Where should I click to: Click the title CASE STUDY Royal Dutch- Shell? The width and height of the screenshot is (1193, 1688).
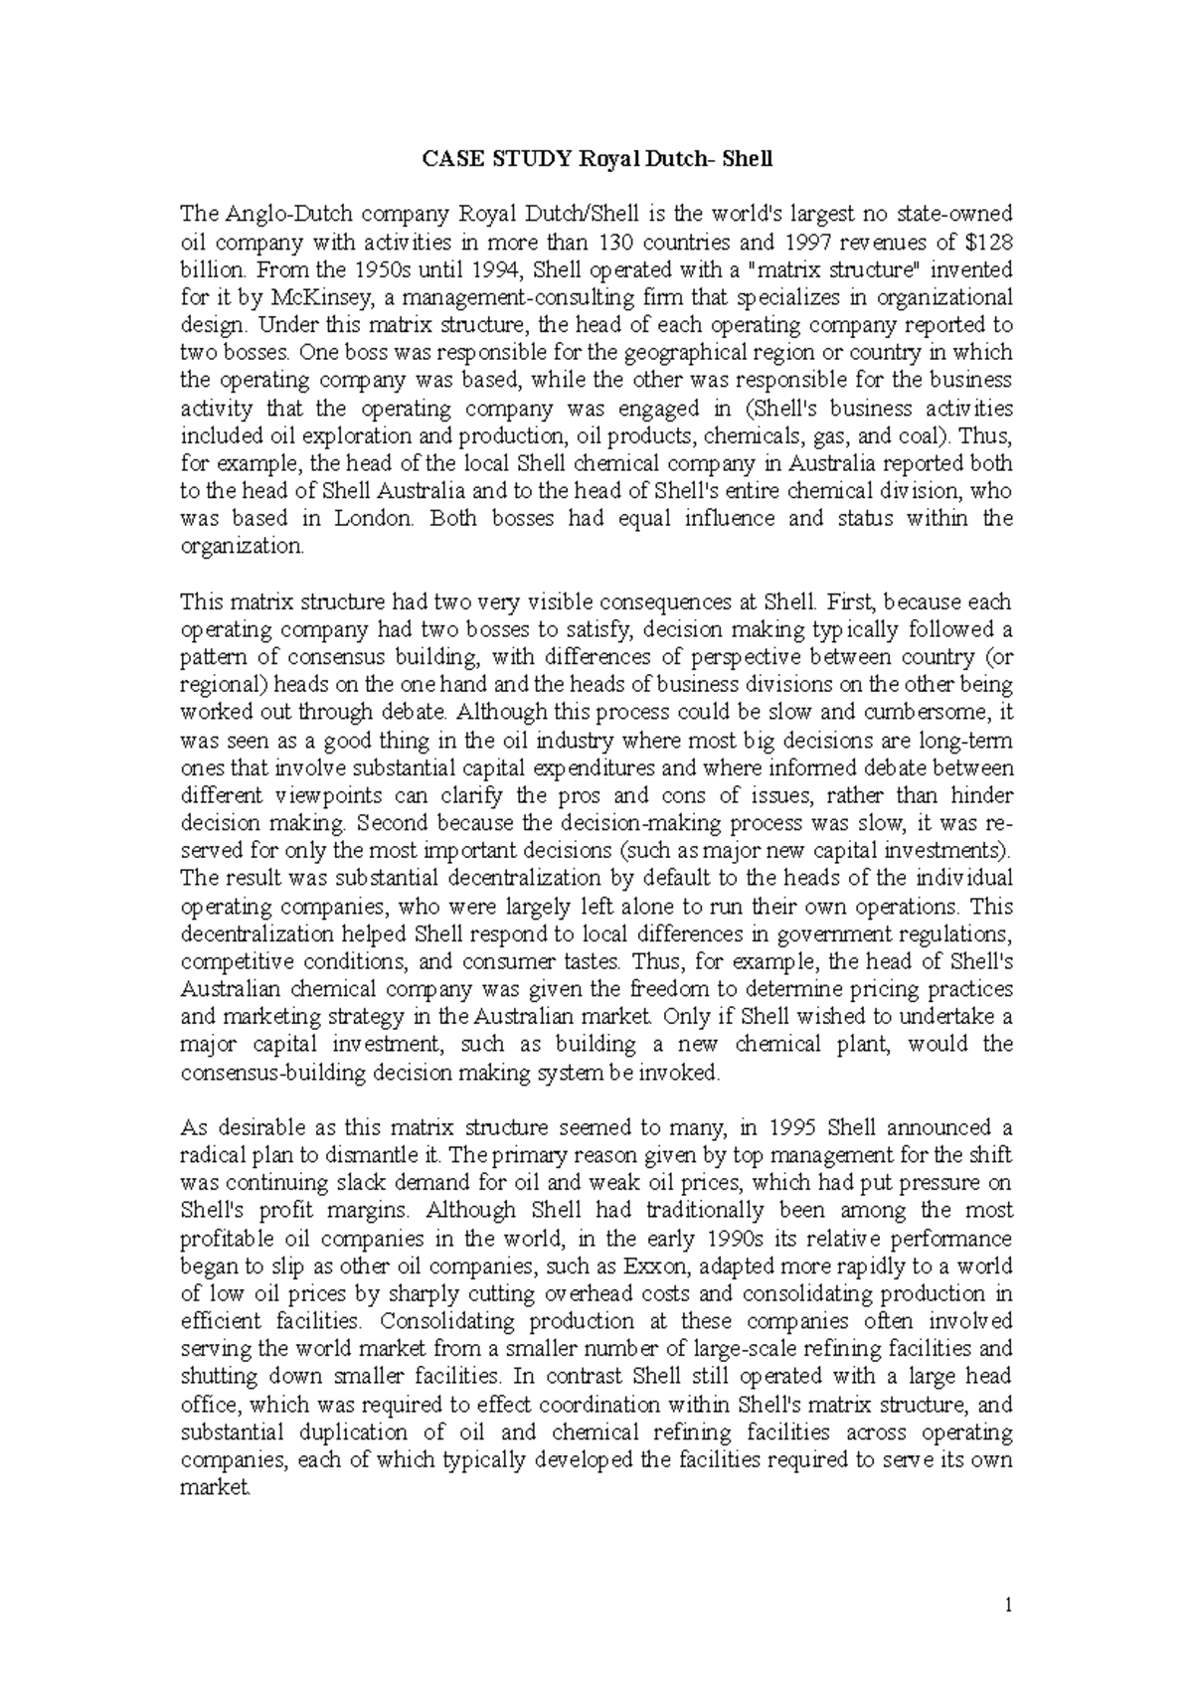[596, 158]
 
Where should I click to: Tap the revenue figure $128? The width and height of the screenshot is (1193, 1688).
[989, 242]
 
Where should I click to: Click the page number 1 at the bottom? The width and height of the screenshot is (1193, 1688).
[1007, 1603]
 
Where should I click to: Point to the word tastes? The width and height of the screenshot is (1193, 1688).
[587, 961]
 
